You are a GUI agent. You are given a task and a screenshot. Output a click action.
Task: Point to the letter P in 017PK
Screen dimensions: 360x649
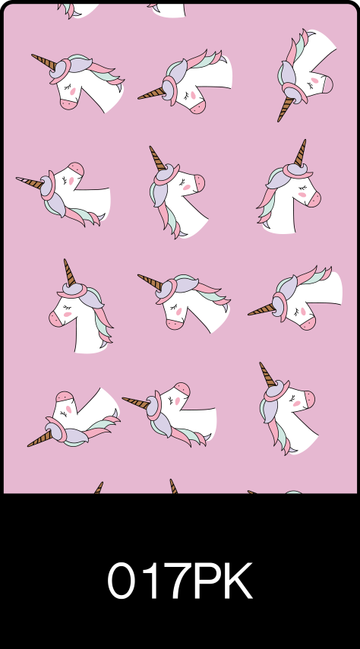point(207,581)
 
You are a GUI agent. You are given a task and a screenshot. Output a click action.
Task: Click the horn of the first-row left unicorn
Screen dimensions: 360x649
point(44,62)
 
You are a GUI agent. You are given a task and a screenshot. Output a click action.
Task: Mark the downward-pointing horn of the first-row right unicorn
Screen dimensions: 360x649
point(285,108)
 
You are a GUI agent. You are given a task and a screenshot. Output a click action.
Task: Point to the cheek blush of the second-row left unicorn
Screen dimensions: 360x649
point(71,181)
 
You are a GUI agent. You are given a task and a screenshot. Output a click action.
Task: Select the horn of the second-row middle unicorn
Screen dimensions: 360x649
point(157,158)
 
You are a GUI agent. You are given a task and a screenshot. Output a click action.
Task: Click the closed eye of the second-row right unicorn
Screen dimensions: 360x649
point(303,188)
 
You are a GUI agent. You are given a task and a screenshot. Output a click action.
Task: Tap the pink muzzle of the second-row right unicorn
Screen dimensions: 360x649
point(314,200)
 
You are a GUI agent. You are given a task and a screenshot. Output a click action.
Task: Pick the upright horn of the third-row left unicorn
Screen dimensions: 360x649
point(69,272)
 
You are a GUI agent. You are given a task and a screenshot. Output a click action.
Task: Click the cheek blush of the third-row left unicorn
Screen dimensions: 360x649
point(68,315)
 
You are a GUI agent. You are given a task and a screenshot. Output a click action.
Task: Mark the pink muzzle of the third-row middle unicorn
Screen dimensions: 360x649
point(175,324)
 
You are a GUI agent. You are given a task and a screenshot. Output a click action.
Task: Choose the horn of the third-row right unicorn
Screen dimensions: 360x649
point(261,309)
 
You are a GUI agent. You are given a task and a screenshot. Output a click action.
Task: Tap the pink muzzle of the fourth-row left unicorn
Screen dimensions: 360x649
point(65,397)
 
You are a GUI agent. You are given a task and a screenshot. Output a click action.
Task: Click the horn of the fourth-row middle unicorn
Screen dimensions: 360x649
point(136,402)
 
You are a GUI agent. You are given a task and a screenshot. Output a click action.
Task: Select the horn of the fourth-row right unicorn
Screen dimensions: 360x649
point(267,375)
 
